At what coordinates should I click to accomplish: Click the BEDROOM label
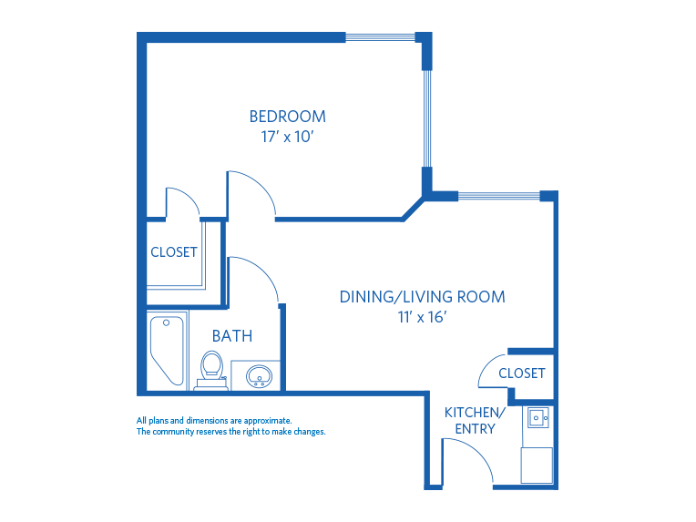click(287, 117)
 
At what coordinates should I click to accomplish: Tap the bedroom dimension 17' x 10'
click(287, 137)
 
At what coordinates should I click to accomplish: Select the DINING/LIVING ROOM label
click(422, 297)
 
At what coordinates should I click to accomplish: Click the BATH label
click(232, 336)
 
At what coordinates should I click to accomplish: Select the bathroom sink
click(258, 375)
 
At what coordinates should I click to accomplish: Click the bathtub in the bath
click(167, 351)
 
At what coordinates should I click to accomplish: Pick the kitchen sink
click(536, 419)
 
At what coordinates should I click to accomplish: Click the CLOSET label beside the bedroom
click(173, 252)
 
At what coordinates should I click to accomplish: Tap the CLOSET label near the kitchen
click(522, 374)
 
